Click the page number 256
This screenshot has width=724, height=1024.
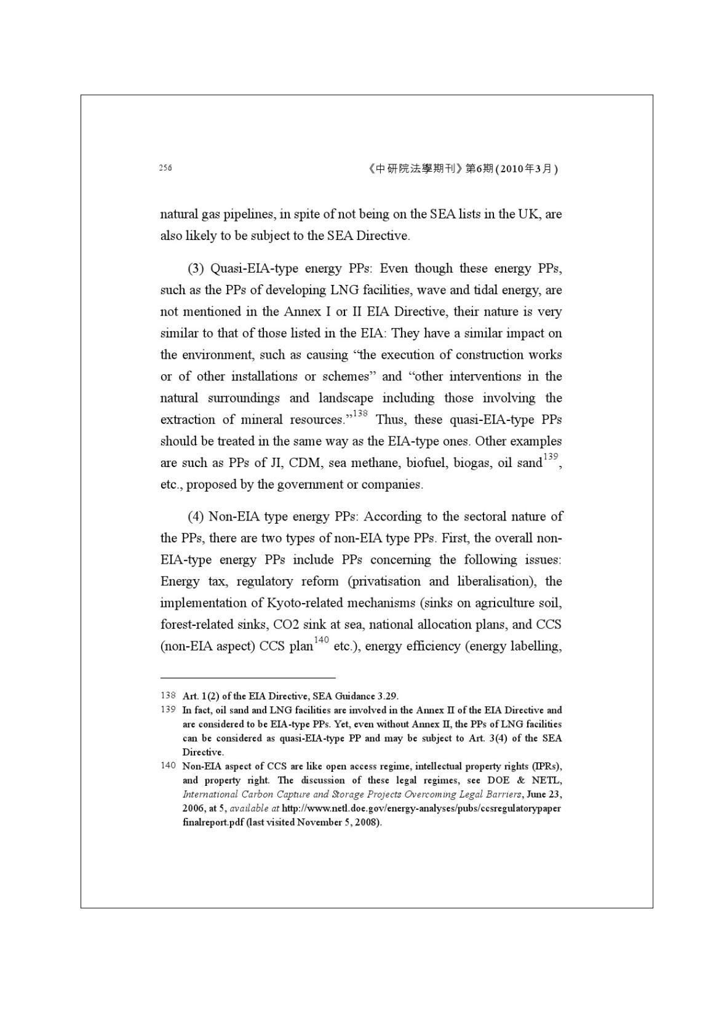(x=165, y=168)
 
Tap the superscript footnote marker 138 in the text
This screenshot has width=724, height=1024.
(x=360, y=414)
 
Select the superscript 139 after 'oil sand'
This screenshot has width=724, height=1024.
(x=551, y=457)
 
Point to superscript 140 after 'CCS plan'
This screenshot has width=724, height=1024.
(x=322, y=640)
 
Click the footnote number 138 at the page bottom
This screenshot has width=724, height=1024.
(x=168, y=696)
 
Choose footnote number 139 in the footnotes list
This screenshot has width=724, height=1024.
(x=168, y=710)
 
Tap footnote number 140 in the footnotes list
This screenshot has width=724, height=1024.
(x=168, y=766)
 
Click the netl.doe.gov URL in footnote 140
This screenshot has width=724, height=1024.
(x=421, y=809)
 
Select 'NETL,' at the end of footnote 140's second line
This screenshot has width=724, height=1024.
(x=547, y=780)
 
